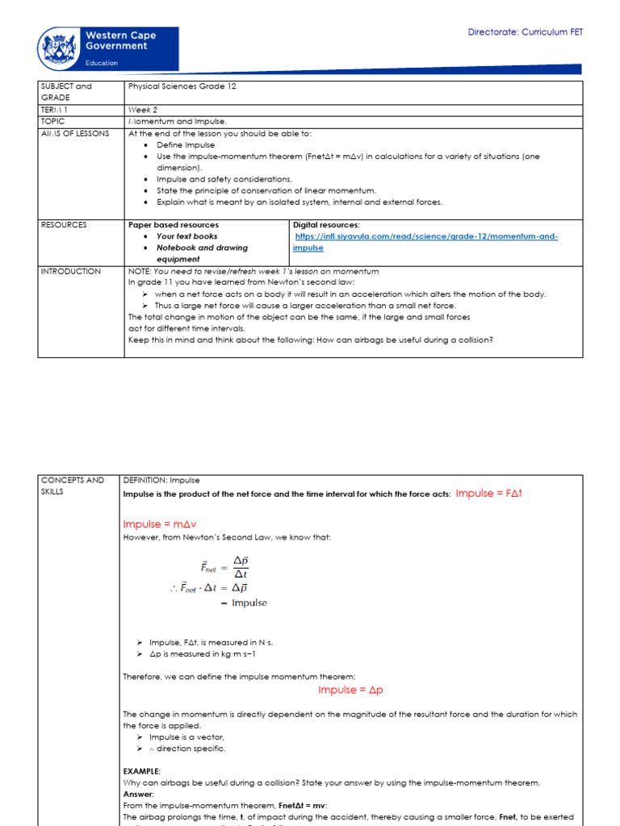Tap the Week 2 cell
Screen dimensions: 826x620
pyautogui.click(x=143, y=109)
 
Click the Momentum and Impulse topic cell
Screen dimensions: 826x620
pyautogui.click(x=171, y=121)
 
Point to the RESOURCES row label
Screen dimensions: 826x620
pyautogui.click(x=64, y=225)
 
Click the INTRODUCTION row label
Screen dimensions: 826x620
pyautogui.click(x=70, y=272)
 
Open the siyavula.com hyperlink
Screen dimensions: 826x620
pyautogui.click(x=425, y=242)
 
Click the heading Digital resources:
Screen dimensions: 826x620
pyautogui.click(x=326, y=225)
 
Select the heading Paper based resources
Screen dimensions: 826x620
pyautogui.click(x=174, y=225)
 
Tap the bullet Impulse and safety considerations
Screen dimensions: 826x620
pyautogui.click(x=224, y=179)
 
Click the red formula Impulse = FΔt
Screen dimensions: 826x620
pyautogui.click(x=489, y=493)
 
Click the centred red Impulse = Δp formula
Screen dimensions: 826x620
pyautogui.click(x=350, y=690)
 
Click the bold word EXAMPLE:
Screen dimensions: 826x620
pyautogui.click(x=141, y=772)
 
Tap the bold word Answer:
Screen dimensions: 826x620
pyautogui.click(x=139, y=795)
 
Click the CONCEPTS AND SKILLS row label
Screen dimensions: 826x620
pyautogui.click(x=72, y=486)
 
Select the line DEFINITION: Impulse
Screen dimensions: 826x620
pyautogui.click(x=161, y=480)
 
